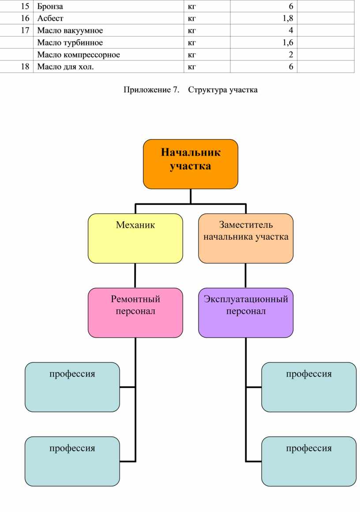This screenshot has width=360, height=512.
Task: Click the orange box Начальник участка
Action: (191, 164)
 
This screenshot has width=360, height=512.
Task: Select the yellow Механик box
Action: (135, 238)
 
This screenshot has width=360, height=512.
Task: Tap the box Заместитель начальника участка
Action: (246, 238)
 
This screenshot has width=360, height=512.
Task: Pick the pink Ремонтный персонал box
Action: (135, 312)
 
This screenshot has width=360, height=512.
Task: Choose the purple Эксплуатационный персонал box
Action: (246, 312)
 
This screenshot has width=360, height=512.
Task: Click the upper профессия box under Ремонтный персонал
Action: (72, 387)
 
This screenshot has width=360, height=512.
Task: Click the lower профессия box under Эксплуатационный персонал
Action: (309, 461)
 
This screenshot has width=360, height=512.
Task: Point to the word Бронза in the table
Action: (50, 7)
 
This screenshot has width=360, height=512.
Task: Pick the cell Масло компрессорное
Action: (79, 55)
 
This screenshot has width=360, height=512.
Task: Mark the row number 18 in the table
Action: (25, 67)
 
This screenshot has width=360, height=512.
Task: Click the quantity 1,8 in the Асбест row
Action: (289, 19)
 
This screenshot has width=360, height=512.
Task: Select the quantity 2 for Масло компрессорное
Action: (291, 55)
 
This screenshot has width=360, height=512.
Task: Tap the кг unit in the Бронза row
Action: (192, 7)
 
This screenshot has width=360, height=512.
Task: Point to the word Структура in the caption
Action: (207, 90)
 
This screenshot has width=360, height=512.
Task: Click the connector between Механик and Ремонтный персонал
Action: (135, 276)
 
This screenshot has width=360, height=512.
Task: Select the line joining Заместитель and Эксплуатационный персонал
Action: (246, 276)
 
